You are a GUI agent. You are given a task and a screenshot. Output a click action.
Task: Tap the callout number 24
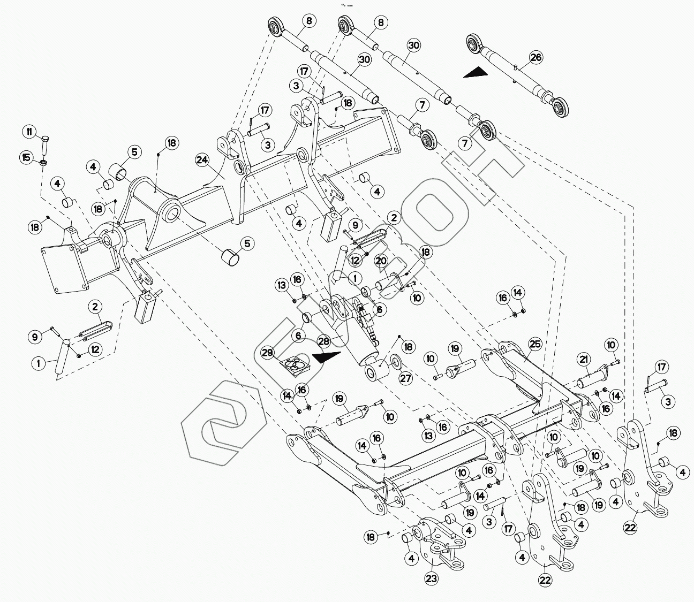202,159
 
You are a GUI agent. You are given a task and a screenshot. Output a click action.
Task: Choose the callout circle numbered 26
535,57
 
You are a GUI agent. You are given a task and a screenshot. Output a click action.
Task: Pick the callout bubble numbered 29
267,353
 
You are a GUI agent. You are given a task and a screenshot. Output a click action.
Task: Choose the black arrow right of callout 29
327,357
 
